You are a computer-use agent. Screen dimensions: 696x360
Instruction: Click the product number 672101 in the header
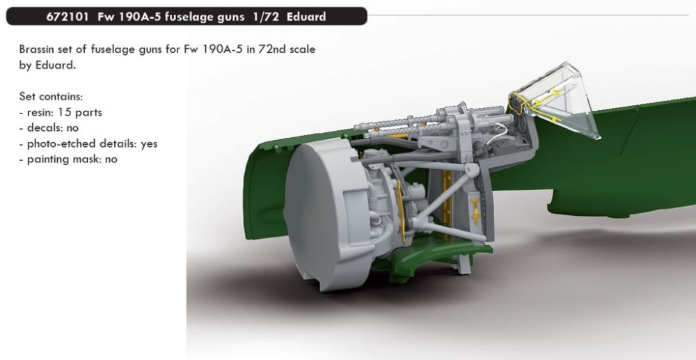[65, 17]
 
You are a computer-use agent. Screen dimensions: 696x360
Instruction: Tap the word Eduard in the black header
[306, 17]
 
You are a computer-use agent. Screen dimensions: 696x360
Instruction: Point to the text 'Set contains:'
[51, 96]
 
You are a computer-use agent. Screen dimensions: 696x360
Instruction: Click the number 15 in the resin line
[64, 112]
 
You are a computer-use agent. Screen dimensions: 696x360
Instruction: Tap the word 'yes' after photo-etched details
[149, 144]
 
